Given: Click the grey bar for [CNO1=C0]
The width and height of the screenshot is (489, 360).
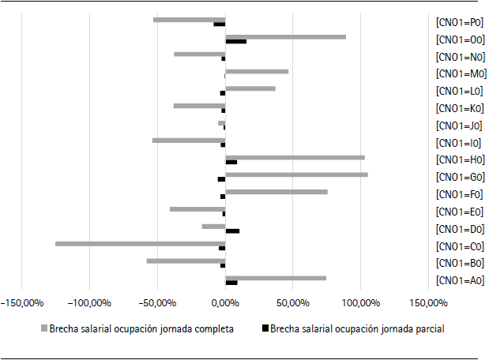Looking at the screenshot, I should [x=140, y=243].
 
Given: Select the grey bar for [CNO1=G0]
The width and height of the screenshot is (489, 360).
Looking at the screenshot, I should [x=296, y=174].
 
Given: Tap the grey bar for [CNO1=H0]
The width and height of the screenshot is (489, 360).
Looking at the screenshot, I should [x=295, y=157].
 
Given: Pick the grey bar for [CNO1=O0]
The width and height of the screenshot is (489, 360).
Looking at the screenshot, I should [x=285, y=36].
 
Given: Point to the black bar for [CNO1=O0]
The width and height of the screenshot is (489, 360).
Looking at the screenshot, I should [x=235, y=41].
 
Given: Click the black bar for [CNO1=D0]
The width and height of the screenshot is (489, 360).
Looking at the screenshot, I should [x=232, y=231].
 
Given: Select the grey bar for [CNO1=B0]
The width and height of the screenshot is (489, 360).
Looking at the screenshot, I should [x=186, y=261].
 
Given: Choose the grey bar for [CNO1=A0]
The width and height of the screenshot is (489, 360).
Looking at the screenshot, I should [x=276, y=278].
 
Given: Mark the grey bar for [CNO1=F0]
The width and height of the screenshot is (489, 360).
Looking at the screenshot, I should [x=276, y=192].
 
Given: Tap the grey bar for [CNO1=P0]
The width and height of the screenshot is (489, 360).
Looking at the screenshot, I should [x=189, y=19].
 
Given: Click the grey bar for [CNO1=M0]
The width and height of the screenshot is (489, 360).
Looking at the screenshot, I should [x=257, y=71].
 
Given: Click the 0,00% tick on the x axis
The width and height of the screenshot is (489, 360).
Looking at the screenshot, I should [x=225, y=302].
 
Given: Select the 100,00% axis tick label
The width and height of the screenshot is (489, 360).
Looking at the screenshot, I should [x=361, y=302].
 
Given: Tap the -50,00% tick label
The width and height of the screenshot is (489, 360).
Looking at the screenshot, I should [x=157, y=302].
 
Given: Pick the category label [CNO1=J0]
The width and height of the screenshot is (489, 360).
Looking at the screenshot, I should [x=458, y=126].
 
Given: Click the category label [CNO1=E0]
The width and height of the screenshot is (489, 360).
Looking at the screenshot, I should [x=458, y=212].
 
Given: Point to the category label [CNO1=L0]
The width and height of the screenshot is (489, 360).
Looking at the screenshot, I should [x=458, y=91].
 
